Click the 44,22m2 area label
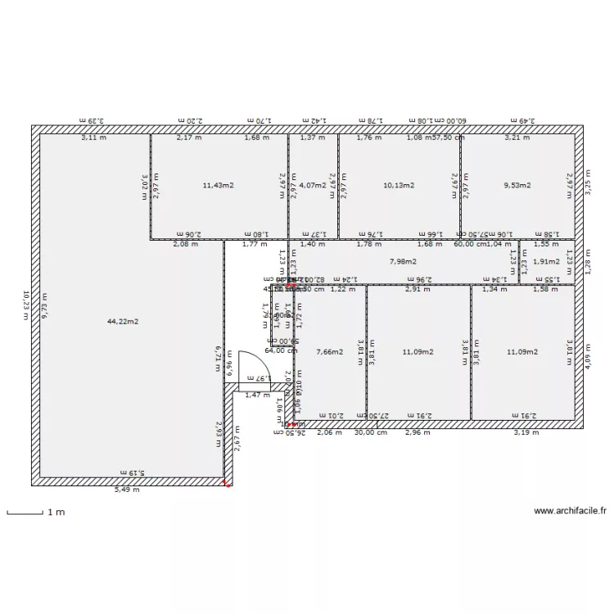(x=123, y=322)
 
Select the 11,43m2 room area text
(x=218, y=186)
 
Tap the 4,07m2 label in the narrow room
(x=313, y=186)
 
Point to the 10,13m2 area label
(x=399, y=186)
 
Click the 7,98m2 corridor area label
(x=402, y=262)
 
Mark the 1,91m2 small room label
(x=545, y=262)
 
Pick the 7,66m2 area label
(x=329, y=352)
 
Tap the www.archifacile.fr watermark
(x=570, y=511)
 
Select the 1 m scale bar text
(x=56, y=512)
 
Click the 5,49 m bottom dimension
(x=126, y=490)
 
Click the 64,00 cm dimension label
(x=280, y=350)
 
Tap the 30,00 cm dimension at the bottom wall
(x=370, y=432)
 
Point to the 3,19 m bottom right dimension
(x=526, y=432)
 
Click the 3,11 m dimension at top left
(x=93, y=138)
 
